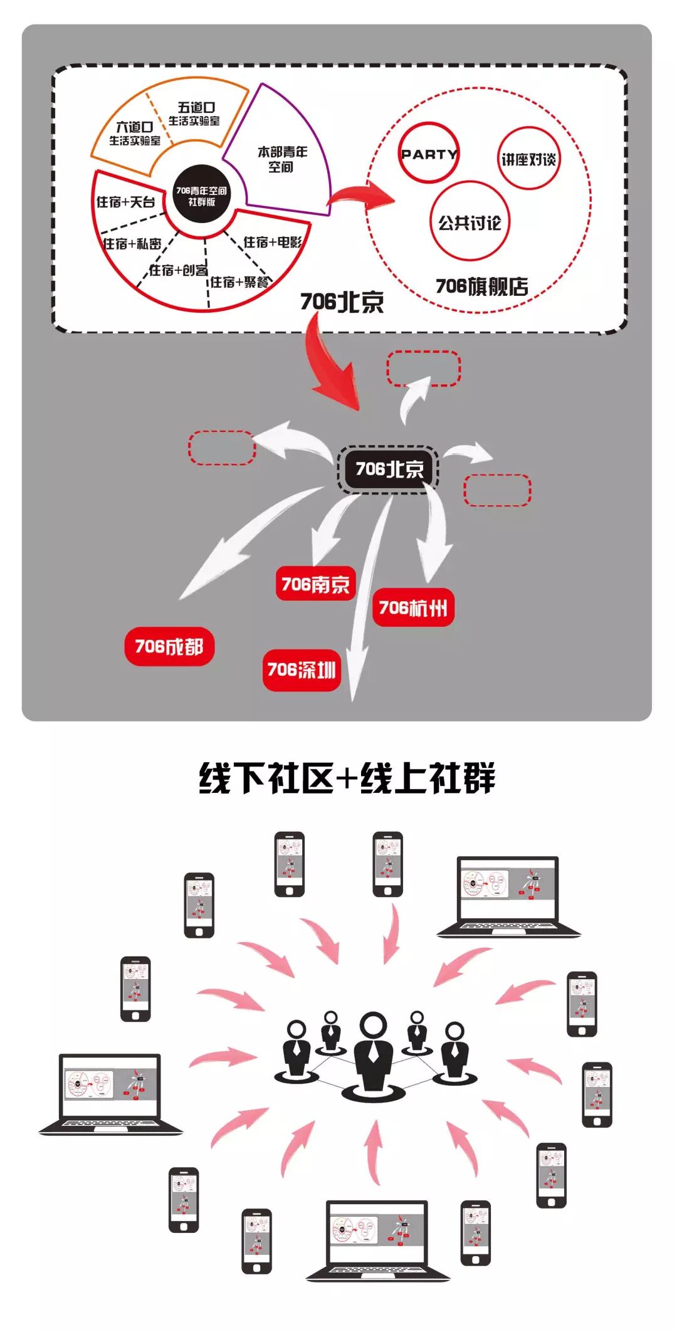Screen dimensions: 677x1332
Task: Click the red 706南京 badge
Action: pyautogui.click(x=315, y=584)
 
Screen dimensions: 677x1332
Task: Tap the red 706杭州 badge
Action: pyautogui.click(x=413, y=607)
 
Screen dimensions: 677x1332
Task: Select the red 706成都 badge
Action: pyautogui.click(x=169, y=646)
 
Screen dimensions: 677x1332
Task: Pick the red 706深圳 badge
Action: pyautogui.click(x=302, y=669)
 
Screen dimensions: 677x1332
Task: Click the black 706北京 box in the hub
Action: pyautogui.click(x=389, y=469)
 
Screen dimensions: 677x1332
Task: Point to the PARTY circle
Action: pyautogui.click(x=429, y=154)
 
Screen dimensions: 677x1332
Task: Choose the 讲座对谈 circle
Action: pyautogui.click(x=528, y=159)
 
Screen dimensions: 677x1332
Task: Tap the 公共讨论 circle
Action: pyautogui.click(x=470, y=222)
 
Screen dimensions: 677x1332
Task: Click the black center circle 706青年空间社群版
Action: pyautogui.click(x=201, y=196)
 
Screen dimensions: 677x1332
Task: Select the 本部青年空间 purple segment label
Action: pyautogui.click(x=282, y=159)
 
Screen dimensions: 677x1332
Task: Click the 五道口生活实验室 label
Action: pyautogui.click(x=195, y=114)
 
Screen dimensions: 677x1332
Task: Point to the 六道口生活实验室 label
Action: pyautogui.click(x=135, y=134)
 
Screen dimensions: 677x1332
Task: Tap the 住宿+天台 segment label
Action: pyautogui.click(x=125, y=202)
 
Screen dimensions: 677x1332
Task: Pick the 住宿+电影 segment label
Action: pyautogui.click(x=272, y=242)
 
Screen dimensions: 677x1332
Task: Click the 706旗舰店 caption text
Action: pyautogui.click(x=481, y=286)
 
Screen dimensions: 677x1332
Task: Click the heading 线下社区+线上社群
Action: pyautogui.click(x=347, y=779)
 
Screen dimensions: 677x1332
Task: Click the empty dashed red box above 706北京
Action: pyautogui.click(x=423, y=369)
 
